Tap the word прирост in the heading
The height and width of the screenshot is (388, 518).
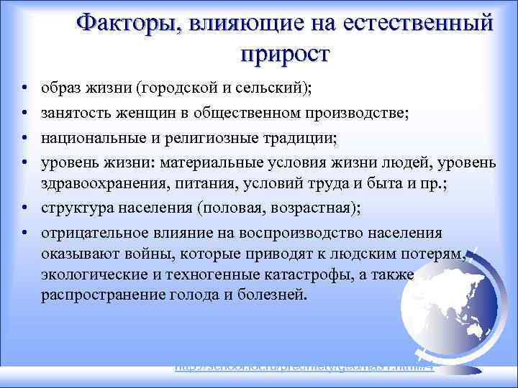click(285, 55)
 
